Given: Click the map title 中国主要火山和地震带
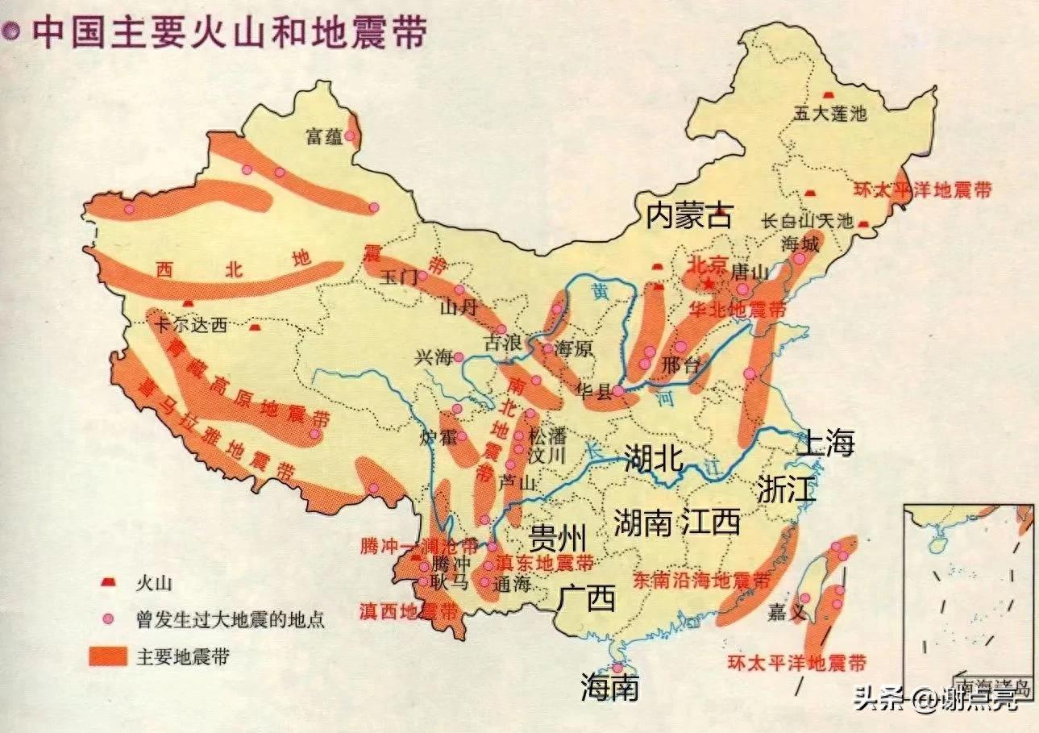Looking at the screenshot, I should tap(229, 32).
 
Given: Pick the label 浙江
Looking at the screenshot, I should tap(788, 489).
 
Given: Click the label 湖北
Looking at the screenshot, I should tap(655, 457).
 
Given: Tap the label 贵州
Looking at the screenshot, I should tap(558, 535).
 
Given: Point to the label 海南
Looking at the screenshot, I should tap(610, 688).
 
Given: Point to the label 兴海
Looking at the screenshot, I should tap(430, 357).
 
